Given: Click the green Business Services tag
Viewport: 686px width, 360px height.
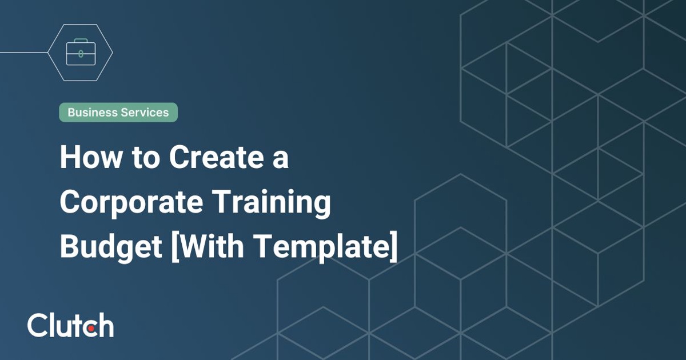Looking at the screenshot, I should (118, 113).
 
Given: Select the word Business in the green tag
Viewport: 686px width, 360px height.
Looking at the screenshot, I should (91, 113).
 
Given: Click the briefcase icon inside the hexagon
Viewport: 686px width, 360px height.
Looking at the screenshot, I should (81, 53).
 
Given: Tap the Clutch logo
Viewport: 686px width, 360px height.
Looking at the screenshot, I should (70, 325).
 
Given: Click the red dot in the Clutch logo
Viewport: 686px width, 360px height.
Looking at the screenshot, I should (92, 327).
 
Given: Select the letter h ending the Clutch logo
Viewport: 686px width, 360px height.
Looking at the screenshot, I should (105, 325).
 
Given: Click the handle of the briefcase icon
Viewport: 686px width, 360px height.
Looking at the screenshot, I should (81, 42).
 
